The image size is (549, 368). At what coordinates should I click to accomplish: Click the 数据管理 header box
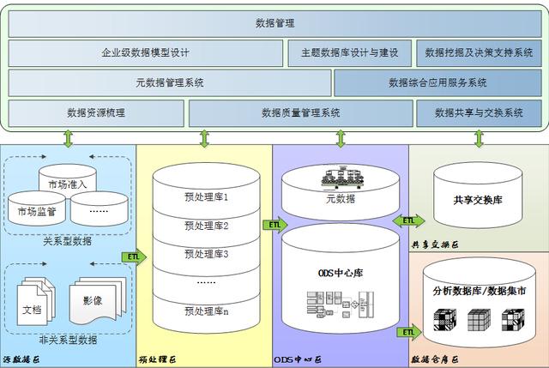click(x=274, y=22)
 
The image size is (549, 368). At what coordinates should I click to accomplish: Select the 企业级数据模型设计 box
click(x=145, y=53)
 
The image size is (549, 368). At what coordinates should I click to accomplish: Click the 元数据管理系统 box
click(x=169, y=83)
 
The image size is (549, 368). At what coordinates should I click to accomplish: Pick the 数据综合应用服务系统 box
click(x=437, y=83)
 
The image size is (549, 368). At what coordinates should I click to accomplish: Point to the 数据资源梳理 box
click(x=95, y=112)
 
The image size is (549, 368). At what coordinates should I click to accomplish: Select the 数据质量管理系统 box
click(x=300, y=112)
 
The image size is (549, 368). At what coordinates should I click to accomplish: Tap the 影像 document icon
click(x=92, y=299)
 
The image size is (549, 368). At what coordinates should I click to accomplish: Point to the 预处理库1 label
click(x=206, y=197)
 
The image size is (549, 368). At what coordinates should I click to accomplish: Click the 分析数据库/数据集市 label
click(x=480, y=292)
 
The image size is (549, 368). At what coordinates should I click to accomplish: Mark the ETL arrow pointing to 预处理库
click(x=136, y=256)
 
